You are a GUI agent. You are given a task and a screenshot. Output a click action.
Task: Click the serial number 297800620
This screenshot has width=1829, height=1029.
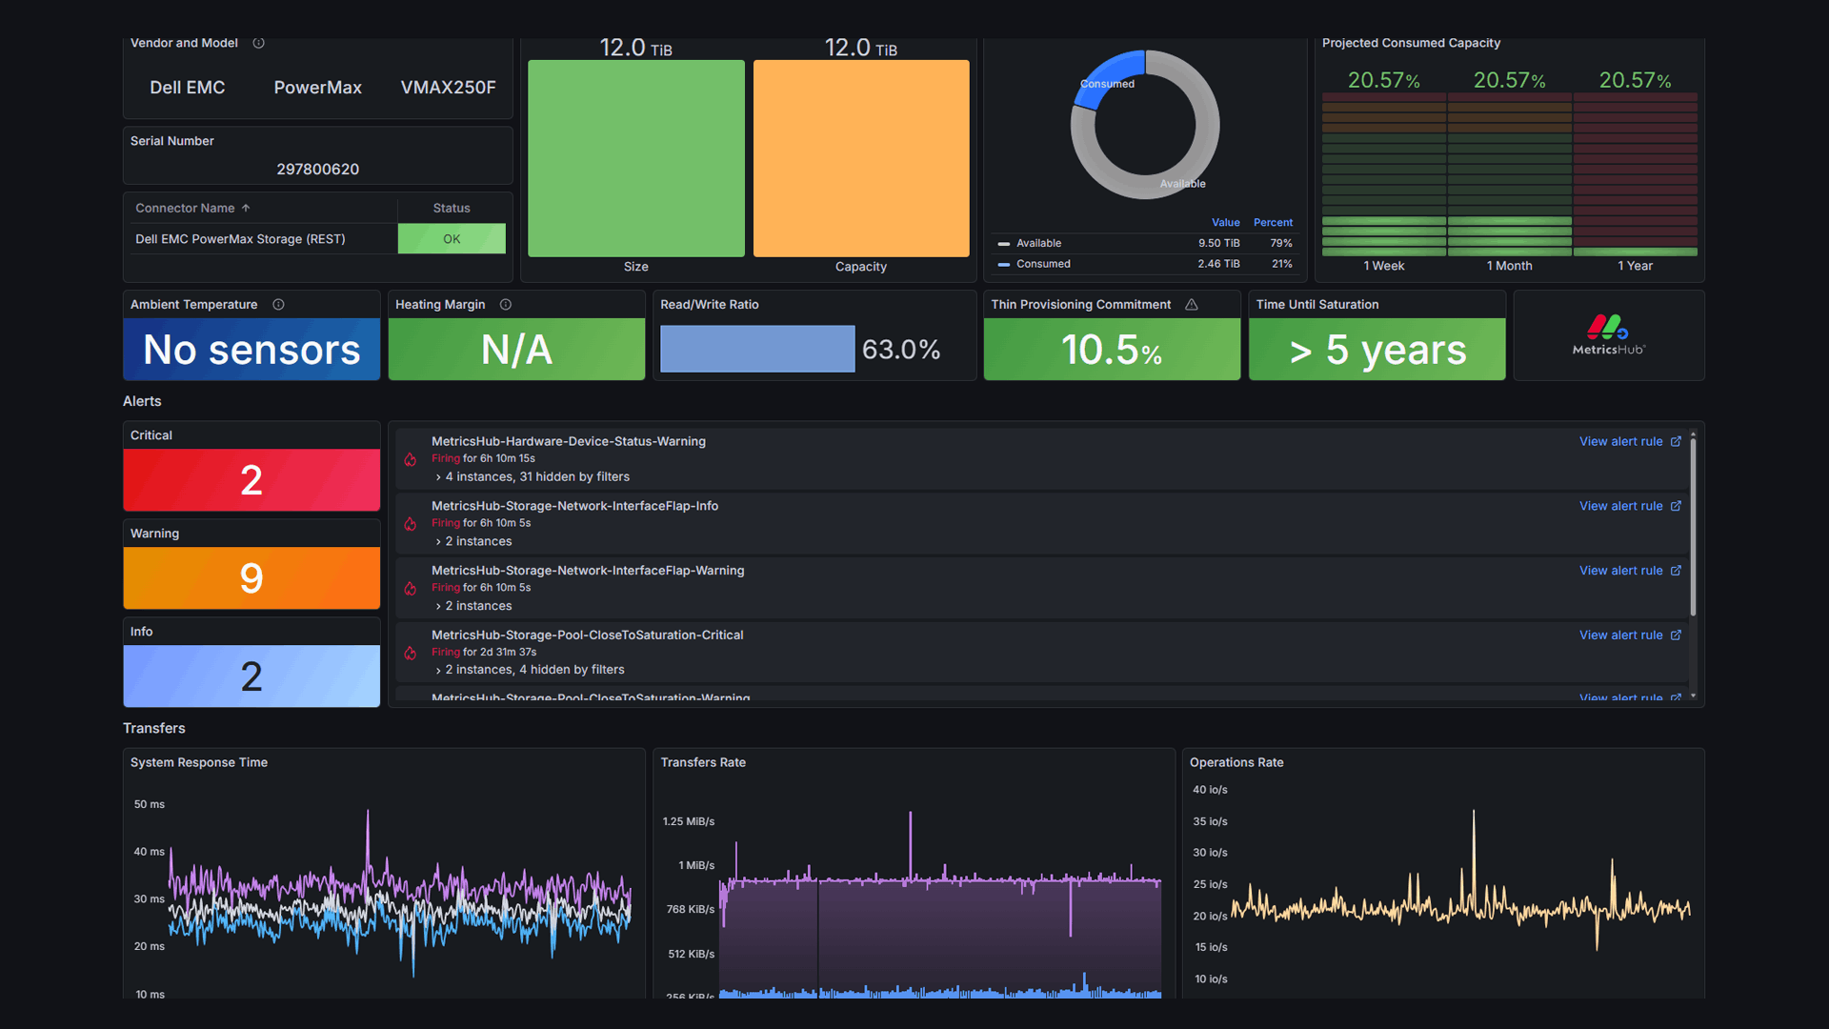pyautogui.click(x=317, y=169)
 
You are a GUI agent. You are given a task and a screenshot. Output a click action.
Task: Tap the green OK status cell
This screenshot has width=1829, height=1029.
pyautogui.click(x=452, y=239)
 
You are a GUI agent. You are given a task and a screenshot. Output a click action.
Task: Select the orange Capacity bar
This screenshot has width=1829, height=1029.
pyautogui.click(x=860, y=158)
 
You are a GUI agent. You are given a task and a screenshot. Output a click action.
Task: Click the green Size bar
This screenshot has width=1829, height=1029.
pyautogui.click(x=635, y=158)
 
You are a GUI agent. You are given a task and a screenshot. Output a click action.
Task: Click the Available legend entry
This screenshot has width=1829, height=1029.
pyautogui.click(x=1038, y=244)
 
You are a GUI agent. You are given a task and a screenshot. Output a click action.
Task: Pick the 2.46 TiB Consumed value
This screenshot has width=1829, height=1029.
pyautogui.click(x=1218, y=264)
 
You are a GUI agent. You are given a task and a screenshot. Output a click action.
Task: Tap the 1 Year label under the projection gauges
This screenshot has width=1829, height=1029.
pyautogui.click(x=1635, y=266)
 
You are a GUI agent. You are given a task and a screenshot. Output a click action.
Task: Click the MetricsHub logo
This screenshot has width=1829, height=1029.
pyautogui.click(x=1608, y=335)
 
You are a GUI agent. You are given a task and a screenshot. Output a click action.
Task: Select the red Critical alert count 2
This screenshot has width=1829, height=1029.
pyautogui.click(x=251, y=480)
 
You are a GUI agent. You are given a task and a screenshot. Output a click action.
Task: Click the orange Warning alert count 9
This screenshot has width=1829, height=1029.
pyautogui.click(x=251, y=578)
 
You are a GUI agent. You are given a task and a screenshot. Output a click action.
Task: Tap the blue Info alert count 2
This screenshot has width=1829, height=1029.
pyautogui.click(x=251, y=676)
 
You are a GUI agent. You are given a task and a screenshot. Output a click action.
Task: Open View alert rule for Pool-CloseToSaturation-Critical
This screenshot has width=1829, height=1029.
pyautogui.click(x=1629, y=636)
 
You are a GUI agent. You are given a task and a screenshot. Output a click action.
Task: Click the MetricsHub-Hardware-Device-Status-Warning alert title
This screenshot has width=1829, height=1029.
pyautogui.click(x=568, y=441)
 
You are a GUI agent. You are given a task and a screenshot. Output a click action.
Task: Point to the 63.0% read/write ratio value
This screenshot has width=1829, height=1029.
pyautogui.click(x=900, y=350)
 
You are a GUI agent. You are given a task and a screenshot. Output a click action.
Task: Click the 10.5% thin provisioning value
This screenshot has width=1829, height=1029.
pyautogui.click(x=1111, y=350)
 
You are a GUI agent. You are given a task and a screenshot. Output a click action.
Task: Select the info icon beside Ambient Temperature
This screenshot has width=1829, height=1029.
pyautogui.click(x=278, y=305)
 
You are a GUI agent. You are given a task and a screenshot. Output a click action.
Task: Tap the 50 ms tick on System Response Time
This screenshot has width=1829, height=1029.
pyautogui.click(x=150, y=805)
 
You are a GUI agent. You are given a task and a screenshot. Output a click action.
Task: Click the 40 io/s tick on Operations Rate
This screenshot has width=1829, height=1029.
pyautogui.click(x=1210, y=790)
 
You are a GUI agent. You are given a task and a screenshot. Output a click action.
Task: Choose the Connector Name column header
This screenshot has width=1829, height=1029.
pyautogui.click(x=185, y=208)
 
